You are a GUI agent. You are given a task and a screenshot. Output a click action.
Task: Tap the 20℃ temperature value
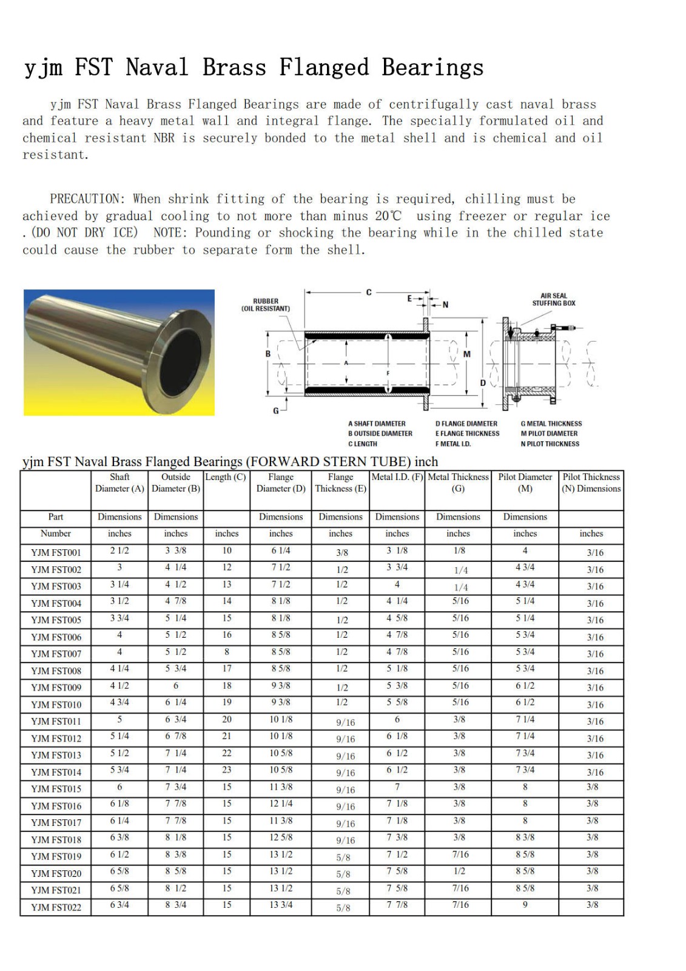click(x=388, y=216)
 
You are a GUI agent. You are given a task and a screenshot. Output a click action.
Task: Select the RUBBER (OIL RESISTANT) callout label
click(x=266, y=305)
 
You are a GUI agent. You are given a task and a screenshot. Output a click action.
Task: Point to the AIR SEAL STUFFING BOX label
click(x=554, y=300)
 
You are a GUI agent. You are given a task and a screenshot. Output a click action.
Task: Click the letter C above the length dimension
click(x=369, y=293)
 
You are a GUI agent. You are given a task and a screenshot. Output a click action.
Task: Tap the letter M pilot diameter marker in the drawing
click(x=466, y=354)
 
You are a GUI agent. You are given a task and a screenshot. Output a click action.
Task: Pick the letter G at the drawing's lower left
click(x=276, y=411)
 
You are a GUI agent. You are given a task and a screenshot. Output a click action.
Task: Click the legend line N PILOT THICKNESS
click(x=550, y=444)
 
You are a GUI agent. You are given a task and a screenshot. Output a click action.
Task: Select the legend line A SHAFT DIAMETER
click(x=377, y=424)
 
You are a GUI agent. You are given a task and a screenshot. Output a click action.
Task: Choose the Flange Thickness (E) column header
click(x=340, y=483)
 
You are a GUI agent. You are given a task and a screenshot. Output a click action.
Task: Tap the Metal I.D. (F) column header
click(x=397, y=477)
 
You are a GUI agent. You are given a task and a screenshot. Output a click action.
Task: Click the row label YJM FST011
click(x=56, y=722)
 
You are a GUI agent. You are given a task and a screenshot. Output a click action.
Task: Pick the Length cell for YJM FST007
click(x=227, y=652)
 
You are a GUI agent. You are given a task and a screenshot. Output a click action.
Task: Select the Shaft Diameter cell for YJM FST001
click(x=119, y=550)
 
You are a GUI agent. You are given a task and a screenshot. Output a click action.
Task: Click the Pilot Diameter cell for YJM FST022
click(x=525, y=905)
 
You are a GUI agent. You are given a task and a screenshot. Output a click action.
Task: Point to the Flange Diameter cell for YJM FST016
click(x=281, y=804)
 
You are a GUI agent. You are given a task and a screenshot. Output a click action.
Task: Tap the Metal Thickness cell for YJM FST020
click(x=459, y=871)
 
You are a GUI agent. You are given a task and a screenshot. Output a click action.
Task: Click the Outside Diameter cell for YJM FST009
click(x=176, y=686)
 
